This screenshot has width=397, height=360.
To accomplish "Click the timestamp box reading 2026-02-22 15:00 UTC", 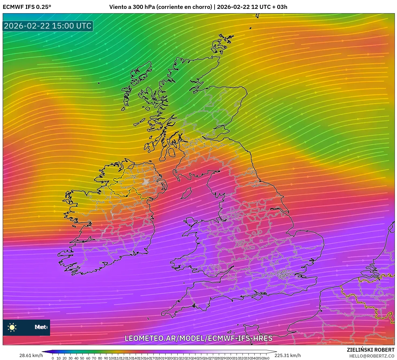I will pos(48,26).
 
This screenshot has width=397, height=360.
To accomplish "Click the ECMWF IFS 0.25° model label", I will pos(27,7).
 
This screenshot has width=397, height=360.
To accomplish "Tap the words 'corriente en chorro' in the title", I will pos(184,7).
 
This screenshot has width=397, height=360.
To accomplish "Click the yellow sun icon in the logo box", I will pos(12,327).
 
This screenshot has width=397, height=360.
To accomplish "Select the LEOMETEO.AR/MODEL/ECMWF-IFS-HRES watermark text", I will pos(198,338).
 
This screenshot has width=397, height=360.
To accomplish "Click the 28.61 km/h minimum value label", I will pos(31,355).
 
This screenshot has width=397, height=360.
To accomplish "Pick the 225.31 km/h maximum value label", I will pos(287,355).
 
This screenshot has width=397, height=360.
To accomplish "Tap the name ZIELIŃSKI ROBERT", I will pos(370,350).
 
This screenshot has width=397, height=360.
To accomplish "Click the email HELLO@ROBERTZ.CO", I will pos(372,356).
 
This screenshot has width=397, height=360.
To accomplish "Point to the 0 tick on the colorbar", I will pos(53,358).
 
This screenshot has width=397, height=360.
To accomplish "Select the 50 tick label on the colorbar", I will pos(82,358).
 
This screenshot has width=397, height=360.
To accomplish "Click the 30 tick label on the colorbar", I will pos(70,358).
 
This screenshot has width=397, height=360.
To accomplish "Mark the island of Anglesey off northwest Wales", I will pos(191,222).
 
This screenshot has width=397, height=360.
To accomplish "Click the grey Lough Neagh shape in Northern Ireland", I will pos(146,181).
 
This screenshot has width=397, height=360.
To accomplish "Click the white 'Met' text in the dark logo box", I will pos(40,327).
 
